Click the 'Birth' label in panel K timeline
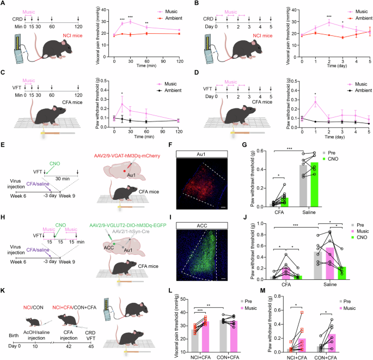[x=9, y=343]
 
